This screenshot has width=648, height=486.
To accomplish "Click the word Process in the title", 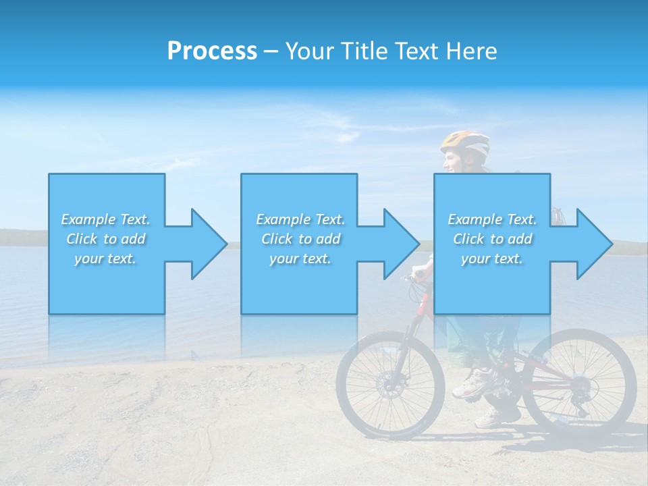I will (x=212, y=51).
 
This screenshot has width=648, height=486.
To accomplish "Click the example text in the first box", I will (x=106, y=239).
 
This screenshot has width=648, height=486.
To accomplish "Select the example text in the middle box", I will (x=300, y=239).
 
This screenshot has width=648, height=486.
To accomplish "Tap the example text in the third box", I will (x=492, y=239).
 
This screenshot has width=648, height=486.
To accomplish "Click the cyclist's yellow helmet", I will (x=465, y=142).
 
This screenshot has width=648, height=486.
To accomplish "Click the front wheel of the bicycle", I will (x=390, y=385).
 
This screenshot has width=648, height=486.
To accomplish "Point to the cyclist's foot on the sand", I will (x=487, y=418).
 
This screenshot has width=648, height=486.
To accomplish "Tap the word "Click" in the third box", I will (x=468, y=239).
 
